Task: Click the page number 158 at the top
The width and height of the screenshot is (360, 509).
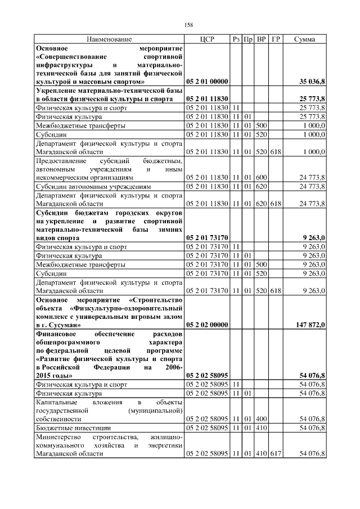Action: (188, 25)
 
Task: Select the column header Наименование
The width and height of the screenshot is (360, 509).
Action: (109, 39)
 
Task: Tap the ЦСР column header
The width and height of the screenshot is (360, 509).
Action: (206, 39)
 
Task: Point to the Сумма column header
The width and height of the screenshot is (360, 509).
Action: (304, 39)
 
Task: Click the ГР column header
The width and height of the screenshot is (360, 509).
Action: (276, 39)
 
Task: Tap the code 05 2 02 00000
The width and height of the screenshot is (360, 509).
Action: (206, 325)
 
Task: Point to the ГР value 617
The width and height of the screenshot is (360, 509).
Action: (276, 453)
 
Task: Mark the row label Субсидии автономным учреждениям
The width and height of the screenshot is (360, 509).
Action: (92, 187)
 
